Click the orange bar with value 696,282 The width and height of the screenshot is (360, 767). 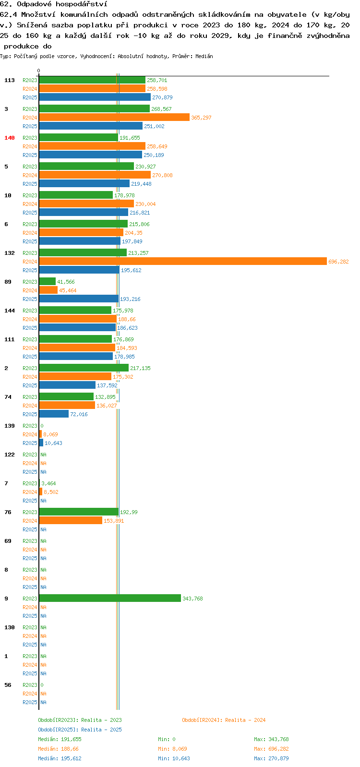pos(183,262)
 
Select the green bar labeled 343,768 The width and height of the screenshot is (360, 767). pos(110,599)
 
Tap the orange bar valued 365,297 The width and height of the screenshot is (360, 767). pos(114,118)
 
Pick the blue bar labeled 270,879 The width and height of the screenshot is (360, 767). pos(95,97)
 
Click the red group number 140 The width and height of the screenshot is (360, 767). pos(10,138)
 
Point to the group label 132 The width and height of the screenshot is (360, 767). pos(10,253)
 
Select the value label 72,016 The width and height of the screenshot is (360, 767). pos(79,414)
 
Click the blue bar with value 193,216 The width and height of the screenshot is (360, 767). pos(79,299)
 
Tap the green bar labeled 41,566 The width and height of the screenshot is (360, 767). pos(47,282)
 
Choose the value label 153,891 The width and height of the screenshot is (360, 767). pos(114,521)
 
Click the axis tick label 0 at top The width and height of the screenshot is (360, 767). pos(39,71)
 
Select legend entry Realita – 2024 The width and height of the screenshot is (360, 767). pos(224,720)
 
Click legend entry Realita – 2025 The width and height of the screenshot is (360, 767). pos(80,730)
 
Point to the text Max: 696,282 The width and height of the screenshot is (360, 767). pos(271,749)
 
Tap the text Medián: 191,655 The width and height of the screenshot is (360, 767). pos(60,739)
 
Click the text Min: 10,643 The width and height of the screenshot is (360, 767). pos(174,758)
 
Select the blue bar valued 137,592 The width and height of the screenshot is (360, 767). pos(68,385)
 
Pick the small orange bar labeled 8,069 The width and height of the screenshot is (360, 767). pos(40,434)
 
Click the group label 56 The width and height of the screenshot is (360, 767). pos(8,685)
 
